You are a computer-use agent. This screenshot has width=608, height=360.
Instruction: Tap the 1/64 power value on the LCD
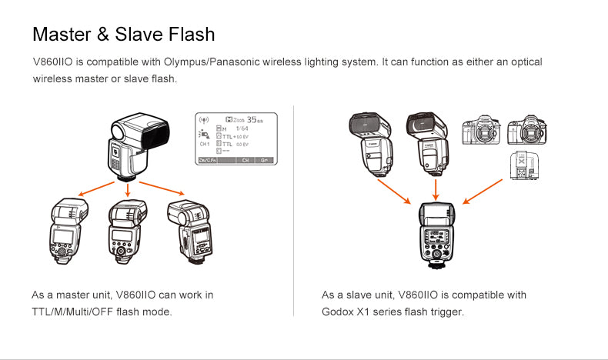[242, 128]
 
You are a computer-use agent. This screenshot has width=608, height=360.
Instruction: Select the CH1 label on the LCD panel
[205, 144]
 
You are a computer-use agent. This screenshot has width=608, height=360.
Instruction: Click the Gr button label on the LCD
[266, 160]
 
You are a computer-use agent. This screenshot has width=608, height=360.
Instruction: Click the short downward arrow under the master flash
[128, 188]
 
